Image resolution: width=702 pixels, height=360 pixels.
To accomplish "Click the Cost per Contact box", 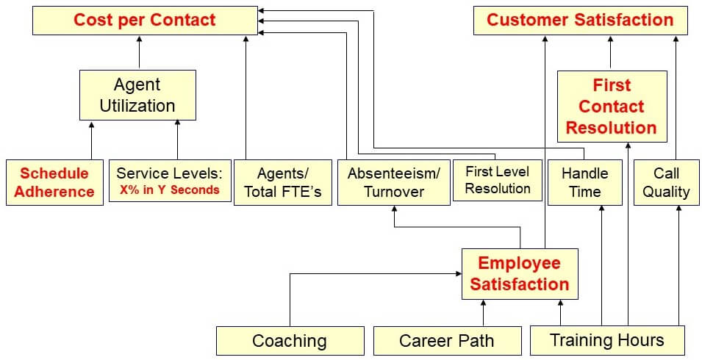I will coord(145,20).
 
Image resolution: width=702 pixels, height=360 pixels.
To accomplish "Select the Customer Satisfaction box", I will coord(580,20).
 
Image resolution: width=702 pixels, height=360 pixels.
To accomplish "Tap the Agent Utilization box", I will coord(137,95).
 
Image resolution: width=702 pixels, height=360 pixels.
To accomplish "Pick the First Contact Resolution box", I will coord(612,106).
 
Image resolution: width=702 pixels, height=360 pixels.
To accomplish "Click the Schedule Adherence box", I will coord(54,182).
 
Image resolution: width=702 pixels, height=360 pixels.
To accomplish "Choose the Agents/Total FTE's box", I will coord(283,182).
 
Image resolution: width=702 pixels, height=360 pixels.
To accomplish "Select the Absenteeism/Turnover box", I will coord(394,182).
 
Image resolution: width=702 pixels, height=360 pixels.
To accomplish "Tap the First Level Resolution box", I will coord(498,180).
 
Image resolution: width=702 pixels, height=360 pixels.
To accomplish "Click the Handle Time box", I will coord(585,182).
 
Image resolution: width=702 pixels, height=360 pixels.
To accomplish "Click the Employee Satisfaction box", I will coord(520,273).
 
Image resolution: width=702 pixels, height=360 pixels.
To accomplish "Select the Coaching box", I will coord(290,341).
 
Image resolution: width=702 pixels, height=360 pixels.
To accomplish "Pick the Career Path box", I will coord(446,341).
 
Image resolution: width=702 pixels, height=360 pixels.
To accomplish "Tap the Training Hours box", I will coord(607,340).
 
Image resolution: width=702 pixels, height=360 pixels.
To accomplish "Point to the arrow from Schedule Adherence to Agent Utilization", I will coord(92,140).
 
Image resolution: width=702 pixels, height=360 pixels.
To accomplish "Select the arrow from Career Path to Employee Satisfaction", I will coord(483,313).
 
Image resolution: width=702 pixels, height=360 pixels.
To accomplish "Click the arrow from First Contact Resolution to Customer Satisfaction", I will coord(610,53).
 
